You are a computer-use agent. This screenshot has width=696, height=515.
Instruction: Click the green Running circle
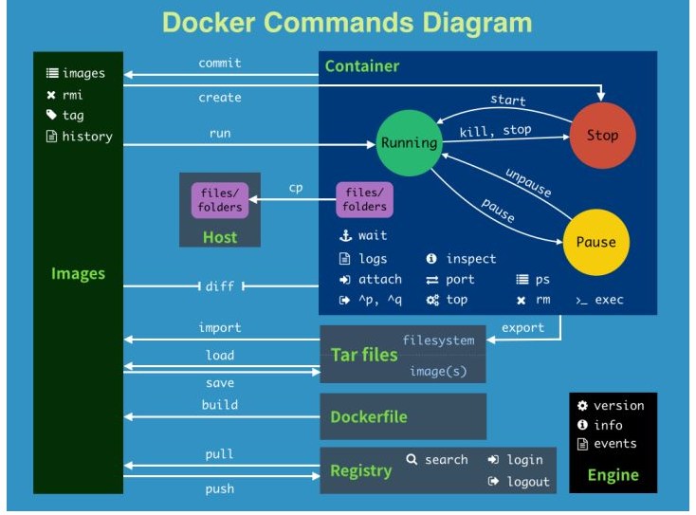(409, 143)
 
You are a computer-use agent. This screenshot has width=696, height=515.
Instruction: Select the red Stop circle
(602, 135)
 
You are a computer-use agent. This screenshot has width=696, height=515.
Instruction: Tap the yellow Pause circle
(595, 242)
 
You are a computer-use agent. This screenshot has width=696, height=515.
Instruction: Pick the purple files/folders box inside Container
(365, 200)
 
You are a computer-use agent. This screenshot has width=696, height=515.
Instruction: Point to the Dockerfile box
(403, 416)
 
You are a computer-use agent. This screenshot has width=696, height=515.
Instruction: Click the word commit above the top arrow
(220, 64)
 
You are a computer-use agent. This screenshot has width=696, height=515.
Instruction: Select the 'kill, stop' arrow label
(496, 130)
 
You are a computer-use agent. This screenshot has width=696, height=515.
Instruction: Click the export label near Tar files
(523, 328)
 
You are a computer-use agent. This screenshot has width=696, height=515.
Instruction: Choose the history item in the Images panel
(86, 137)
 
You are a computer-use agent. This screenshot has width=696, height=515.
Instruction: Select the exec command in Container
(609, 300)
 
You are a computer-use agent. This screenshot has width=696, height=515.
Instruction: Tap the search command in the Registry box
(446, 460)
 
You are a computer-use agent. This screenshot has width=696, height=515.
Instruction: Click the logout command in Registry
(527, 482)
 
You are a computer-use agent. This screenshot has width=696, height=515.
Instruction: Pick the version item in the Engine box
(618, 406)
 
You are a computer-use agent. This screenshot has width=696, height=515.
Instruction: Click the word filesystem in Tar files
(437, 340)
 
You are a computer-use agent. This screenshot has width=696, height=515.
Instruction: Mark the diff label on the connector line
(219, 286)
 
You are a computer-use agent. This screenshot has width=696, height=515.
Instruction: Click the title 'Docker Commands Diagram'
(347, 23)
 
